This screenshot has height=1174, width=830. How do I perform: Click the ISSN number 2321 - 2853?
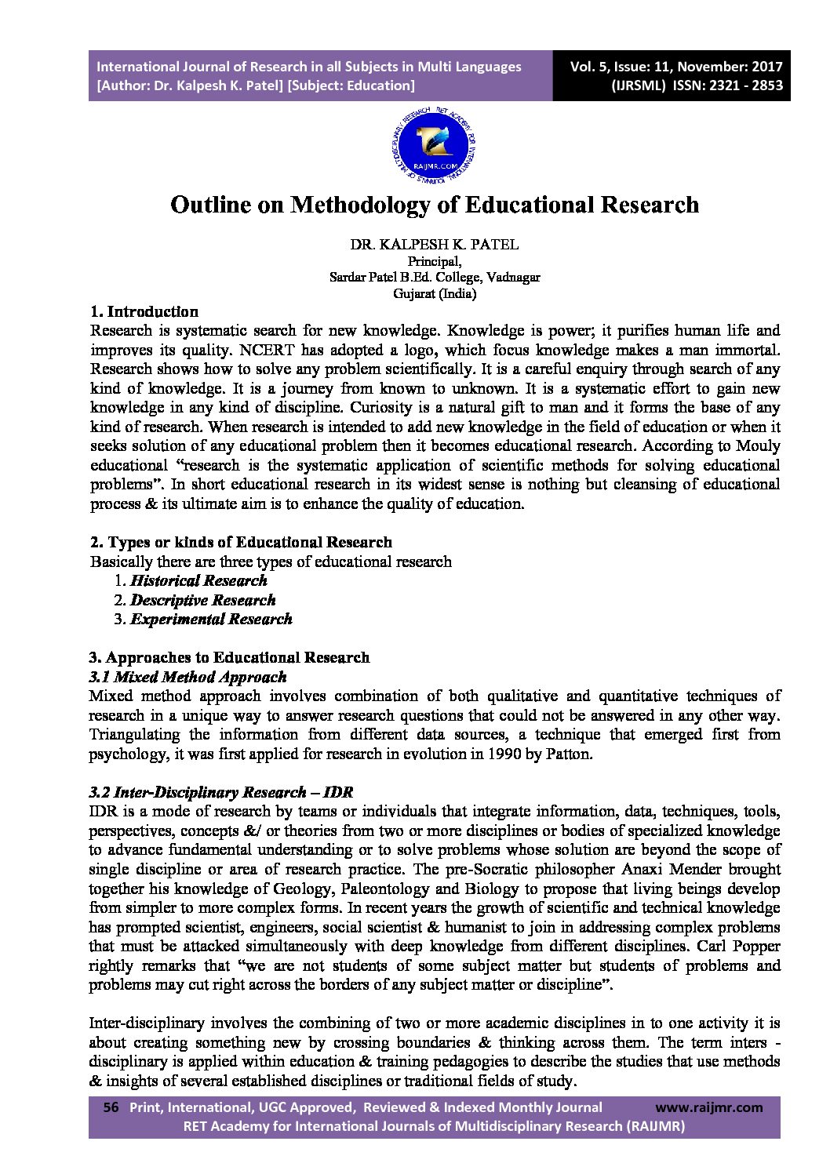[x=734, y=86]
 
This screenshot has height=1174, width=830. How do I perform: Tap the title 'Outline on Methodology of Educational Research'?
[x=434, y=205]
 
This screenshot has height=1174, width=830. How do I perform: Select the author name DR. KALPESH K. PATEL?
[x=434, y=245]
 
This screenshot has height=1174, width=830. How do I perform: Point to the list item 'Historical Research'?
[x=198, y=581]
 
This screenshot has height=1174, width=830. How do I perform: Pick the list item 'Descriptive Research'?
[x=202, y=601]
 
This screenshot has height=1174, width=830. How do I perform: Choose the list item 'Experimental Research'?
[x=211, y=620]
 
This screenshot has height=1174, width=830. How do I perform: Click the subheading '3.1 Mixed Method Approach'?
[x=188, y=677]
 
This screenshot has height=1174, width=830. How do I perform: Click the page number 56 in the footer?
[x=111, y=1107]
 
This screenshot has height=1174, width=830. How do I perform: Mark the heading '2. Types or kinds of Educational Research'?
[x=242, y=542]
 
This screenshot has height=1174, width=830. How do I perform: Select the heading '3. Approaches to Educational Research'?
[x=230, y=657]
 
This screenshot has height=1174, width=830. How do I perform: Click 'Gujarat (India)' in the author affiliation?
[x=434, y=295]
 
